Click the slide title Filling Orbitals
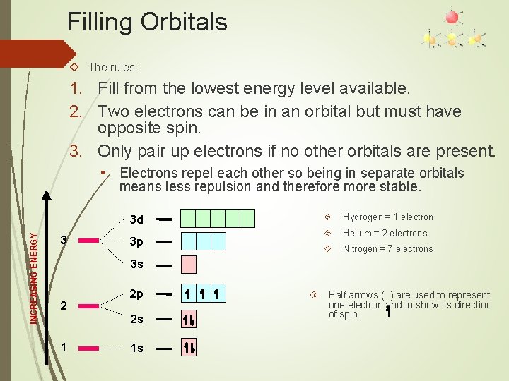coord(147,22)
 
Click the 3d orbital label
coord(137,219)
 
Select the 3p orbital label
coord(137,242)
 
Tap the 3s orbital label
coord(137,265)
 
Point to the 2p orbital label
coord(137,294)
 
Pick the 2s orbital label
coord(137,319)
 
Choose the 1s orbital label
coord(137,349)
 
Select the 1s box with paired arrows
coord(189,348)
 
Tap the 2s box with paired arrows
coord(189,320)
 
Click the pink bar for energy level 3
coord(89,241)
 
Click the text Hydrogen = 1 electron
coord(388,217)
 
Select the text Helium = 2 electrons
coord(385,233)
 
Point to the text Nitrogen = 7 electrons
coord(388,248)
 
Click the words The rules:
coord(112,68)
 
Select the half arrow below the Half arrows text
coord(389,310)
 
